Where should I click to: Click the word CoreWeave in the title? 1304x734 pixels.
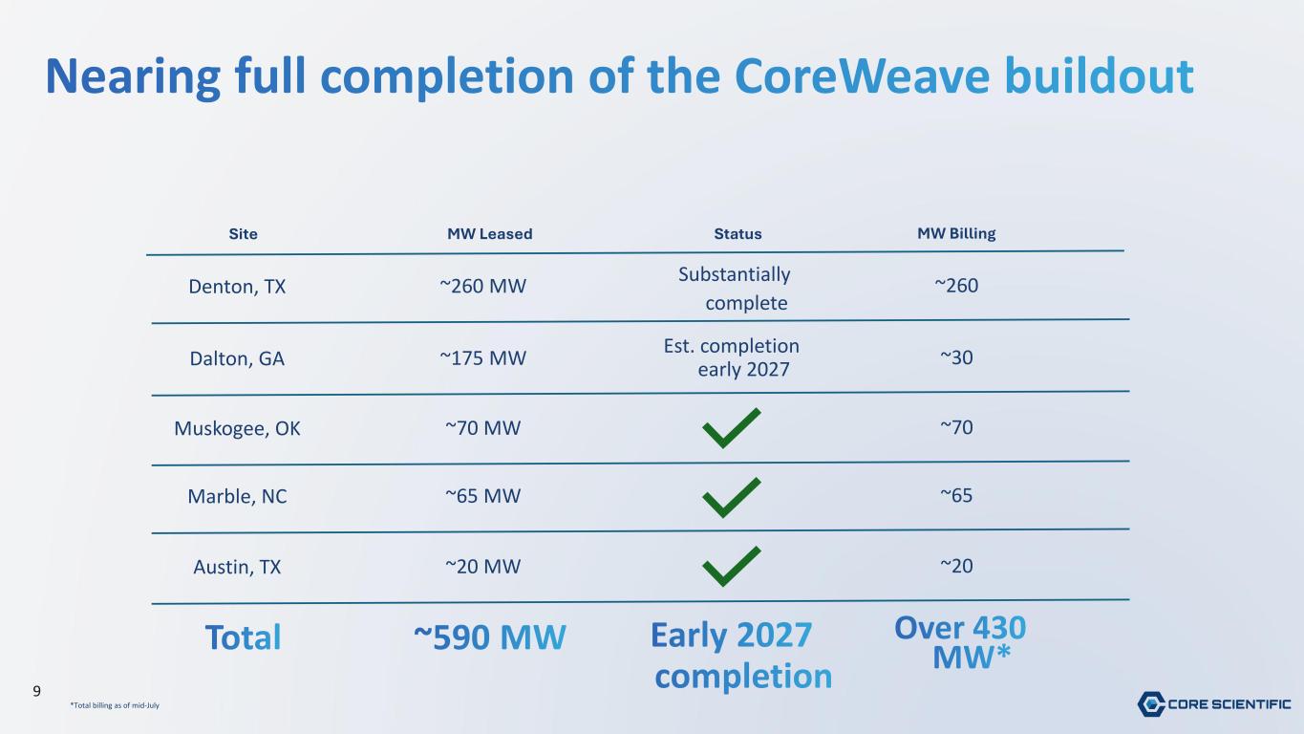tap(862, 76)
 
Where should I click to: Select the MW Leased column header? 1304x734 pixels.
tap(489, 233)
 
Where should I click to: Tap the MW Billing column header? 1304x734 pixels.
tap(956, 233)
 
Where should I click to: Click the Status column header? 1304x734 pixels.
tap(738, 233)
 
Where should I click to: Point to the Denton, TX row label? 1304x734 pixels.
tap(237, 287)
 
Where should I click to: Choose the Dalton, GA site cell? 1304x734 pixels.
tap(237, 358)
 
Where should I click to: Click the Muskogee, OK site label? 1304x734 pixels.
tap(237, 428)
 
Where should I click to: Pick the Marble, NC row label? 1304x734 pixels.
tap(237, 496)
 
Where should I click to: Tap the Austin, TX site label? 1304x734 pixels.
tap(237, 567)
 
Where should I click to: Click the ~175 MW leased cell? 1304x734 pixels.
tap(482, 357)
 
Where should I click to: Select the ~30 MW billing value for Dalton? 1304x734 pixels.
tap(956, 357)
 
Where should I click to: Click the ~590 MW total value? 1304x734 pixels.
tap(489, 637)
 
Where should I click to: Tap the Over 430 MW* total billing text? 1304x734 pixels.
tap(960, 642)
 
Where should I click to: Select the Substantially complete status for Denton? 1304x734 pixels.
tap(735, 289)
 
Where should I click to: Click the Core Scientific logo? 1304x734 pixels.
tap(1214, 704)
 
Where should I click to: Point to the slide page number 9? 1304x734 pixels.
tap(36, 692)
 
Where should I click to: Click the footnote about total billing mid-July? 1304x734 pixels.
tap(115, 705)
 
